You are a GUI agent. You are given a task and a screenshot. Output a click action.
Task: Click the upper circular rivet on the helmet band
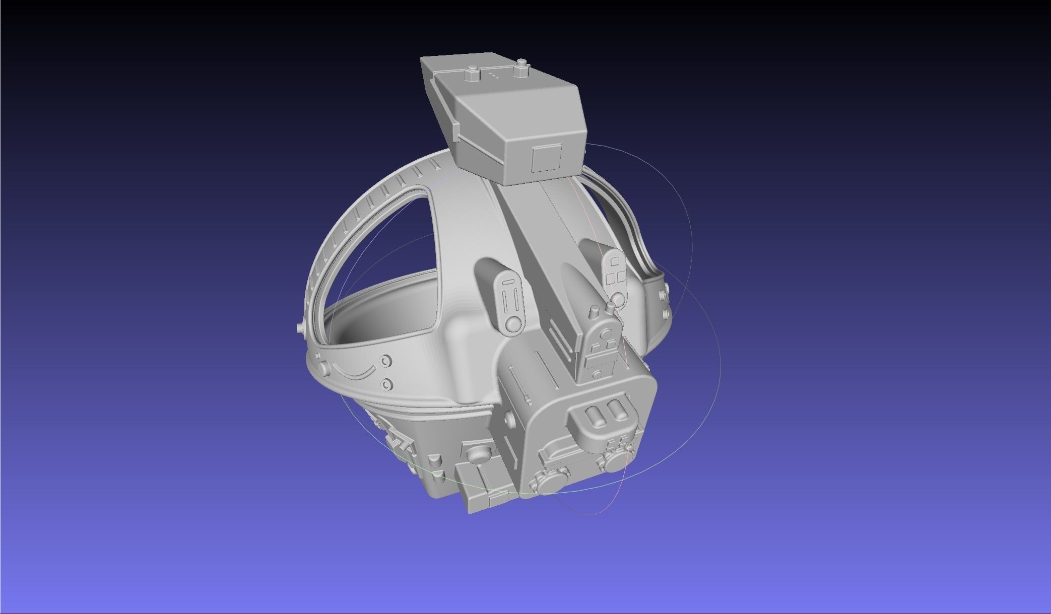(386, 361)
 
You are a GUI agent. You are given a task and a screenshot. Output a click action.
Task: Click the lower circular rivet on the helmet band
(386, 384)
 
